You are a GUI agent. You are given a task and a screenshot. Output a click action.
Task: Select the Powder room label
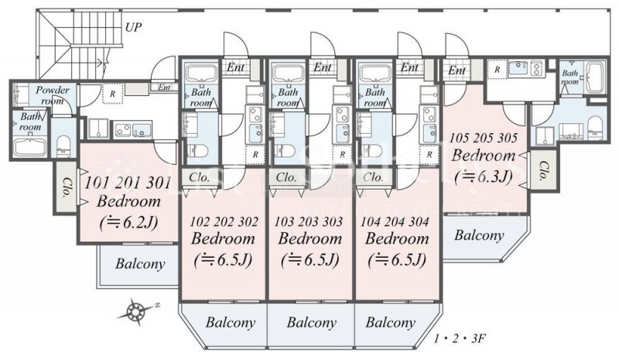(53, 95)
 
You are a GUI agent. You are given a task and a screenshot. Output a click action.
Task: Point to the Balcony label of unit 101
(140, 264)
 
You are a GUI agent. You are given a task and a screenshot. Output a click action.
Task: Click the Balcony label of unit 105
(479, 235)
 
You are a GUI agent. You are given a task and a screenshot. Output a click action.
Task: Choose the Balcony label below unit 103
(311, 322)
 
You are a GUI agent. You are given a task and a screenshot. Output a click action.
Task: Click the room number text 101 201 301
(129, 184)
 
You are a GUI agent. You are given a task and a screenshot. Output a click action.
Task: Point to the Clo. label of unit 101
(67, 190)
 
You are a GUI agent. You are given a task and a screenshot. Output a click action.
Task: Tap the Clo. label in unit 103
(286, 177)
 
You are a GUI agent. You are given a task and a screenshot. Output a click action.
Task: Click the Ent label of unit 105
(456, 71)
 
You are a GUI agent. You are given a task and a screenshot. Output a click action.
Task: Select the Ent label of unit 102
(236, 68)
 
